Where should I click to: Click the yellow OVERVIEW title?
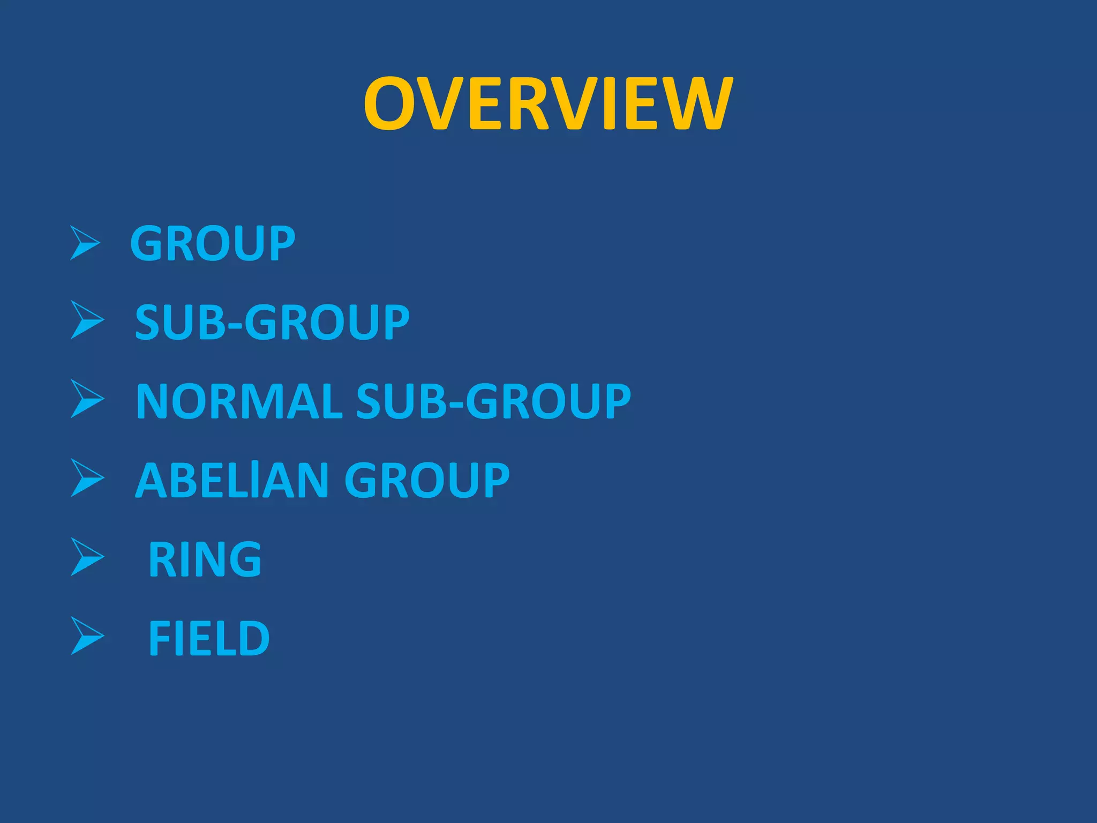click(x=547, y=103)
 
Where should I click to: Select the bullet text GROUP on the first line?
click(x=213, y=244)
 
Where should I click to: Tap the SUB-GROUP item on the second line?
click(x=272, y=322)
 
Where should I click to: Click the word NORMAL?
click(x=239, y=401)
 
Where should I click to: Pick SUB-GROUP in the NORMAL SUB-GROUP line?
click(x=493, y=401)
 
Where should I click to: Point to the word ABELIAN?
click(x=231, y=480)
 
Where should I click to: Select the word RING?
click(x=205, y=559)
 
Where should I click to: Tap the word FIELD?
click(x=209, y=638)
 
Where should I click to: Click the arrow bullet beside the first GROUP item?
click(x=85, y=243)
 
